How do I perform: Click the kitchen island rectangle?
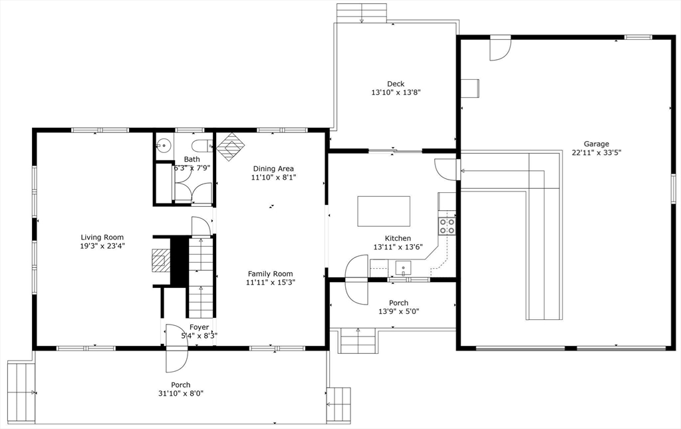point(384,212)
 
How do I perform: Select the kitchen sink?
point(404,268)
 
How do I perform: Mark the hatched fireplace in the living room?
point(160,261)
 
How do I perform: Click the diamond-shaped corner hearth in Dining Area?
point(231,146)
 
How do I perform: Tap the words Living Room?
point(102,237)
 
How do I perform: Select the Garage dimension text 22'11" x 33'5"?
point(596,153)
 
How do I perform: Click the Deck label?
point(396,84)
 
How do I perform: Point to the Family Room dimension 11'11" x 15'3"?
point(270,283)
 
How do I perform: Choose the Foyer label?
point(199,327)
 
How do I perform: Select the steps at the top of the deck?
point(361,13)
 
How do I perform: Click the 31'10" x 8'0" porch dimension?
point(180,394)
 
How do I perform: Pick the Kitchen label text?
point(398,238)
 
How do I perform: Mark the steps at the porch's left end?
point(21,392)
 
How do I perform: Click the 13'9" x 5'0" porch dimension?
point(398,311)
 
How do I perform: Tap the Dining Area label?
point(273,169)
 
